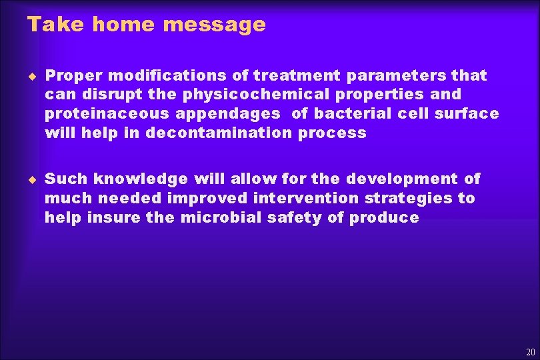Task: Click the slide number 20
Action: (530, 352)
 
